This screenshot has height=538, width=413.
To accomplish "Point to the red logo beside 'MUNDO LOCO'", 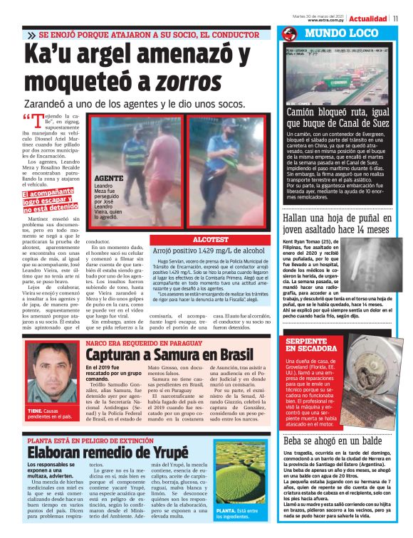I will pyautogui.click(x=290, y=34).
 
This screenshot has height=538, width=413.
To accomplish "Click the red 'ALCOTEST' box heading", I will pyautogui.click(x=211, y=241).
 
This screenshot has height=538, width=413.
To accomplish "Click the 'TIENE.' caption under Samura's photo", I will pyautogui.click(x=36, y=411).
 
